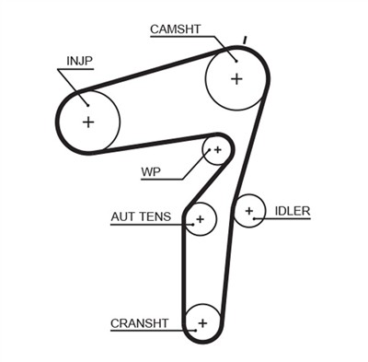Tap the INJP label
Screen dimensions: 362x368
coord(79,61)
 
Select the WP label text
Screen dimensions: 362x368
coord(151,172)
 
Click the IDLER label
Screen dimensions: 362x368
coord(293,211)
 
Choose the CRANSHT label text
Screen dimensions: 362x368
coord(139,322)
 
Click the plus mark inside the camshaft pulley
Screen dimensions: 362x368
coord(236,78)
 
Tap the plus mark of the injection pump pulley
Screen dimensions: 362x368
coord(88,121)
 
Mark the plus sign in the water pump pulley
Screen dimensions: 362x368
coord(217,148)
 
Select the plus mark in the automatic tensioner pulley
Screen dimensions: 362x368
coord(198,219)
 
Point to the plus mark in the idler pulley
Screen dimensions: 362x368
coord(248,212)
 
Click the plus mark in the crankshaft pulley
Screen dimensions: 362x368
coord(201,322)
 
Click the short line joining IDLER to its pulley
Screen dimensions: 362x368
coord(267,212)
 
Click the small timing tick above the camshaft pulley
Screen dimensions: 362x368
coord(244,40)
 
